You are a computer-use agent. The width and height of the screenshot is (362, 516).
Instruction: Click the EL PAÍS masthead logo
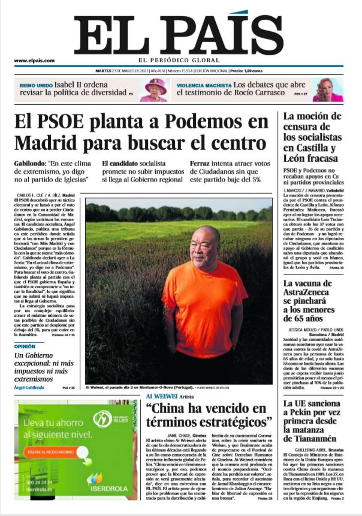coord(179,34)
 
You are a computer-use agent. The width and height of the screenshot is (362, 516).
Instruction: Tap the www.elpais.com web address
coord(34,60)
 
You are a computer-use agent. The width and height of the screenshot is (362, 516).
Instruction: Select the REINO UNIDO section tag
coord(36,85)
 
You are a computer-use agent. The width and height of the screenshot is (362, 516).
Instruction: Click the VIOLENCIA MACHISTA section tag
coord(204,85)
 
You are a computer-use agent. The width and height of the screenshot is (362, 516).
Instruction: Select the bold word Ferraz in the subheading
coord(199,163)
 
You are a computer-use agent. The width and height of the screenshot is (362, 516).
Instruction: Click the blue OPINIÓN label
coord(24,347)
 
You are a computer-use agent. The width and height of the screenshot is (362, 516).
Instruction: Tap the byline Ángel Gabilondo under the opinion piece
coord(29,388)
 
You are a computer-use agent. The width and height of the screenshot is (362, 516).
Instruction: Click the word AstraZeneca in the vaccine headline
coord(306,292)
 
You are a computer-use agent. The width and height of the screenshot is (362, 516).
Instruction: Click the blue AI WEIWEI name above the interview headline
coord(162,396)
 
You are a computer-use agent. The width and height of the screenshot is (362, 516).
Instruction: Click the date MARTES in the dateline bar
coord(103,71)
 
